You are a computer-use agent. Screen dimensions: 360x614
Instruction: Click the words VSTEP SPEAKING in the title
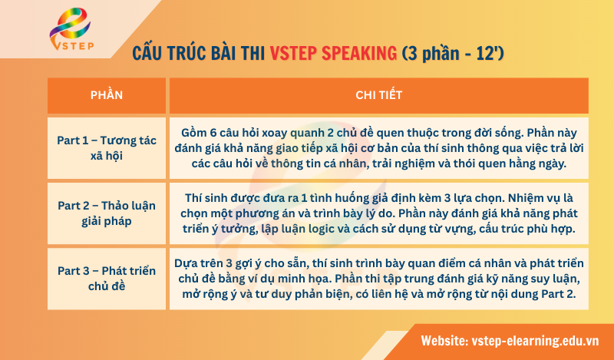tap(332, 54)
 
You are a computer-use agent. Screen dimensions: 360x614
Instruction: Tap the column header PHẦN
tap(106, 95)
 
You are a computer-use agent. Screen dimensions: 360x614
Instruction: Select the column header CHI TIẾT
tap(379, 95)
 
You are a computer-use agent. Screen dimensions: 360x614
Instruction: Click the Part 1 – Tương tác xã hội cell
tap(106, 147)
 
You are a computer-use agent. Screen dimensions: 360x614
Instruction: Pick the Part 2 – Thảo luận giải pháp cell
tap(106, 213)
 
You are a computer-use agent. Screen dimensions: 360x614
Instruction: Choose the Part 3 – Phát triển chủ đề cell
tap(106, 278)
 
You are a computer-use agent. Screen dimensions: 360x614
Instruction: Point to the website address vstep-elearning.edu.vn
tap(534, 340)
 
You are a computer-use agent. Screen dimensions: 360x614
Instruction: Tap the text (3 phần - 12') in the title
tap(453, 54)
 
